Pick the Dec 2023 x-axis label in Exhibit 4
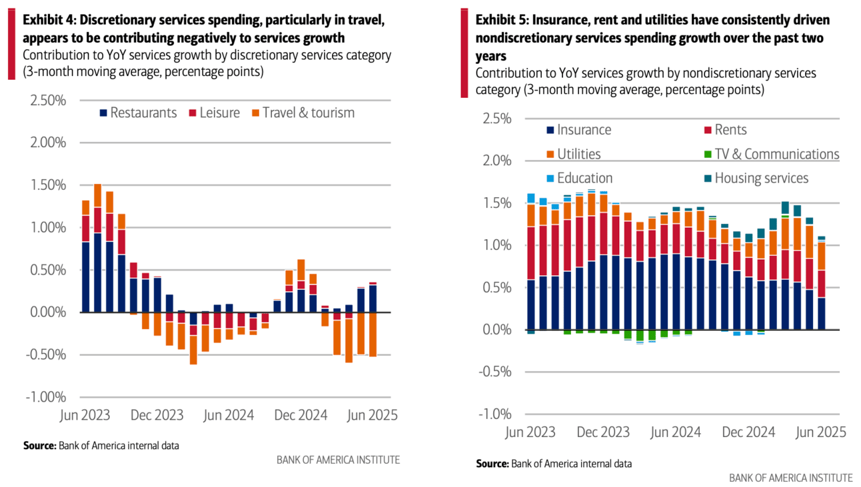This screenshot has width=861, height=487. point(157,415)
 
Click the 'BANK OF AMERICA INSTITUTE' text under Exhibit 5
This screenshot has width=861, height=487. point(790,478)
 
